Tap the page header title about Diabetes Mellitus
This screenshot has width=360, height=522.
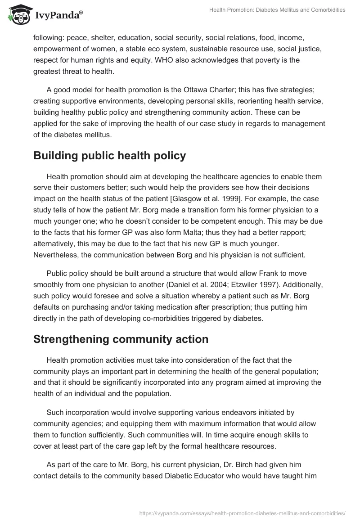[x=277, y=10]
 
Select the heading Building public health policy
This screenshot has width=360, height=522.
[x=109, y=156]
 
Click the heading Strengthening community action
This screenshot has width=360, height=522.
[x=121, y=339]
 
